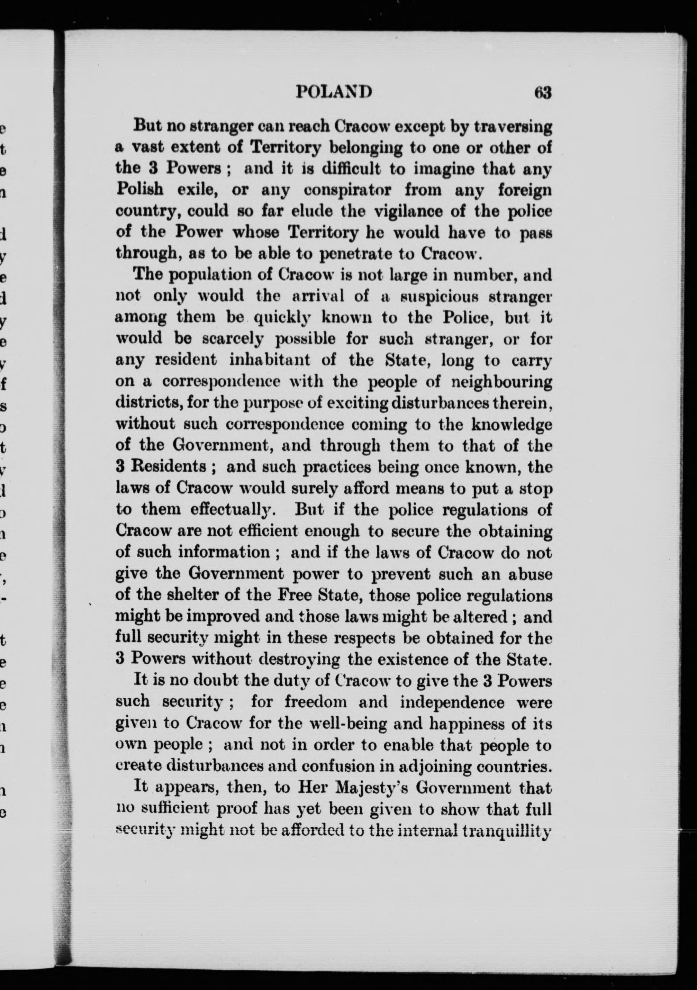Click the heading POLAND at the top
pyautogui.click(x=334, y=92)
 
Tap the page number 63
pyautogui.click(x=543, y=92)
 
